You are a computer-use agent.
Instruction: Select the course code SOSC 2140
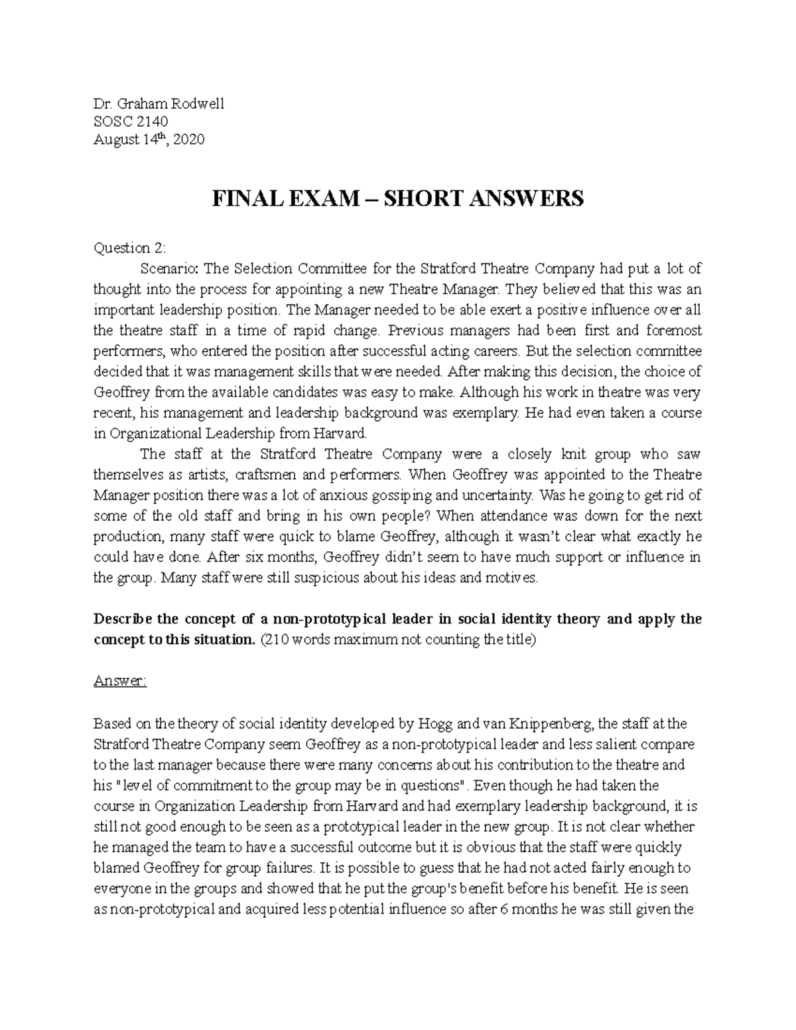131,121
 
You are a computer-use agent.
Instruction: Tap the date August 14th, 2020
149,139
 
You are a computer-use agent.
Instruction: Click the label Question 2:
130,248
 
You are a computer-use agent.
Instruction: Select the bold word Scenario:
169,269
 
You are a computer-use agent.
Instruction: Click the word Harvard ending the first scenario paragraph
342,434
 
